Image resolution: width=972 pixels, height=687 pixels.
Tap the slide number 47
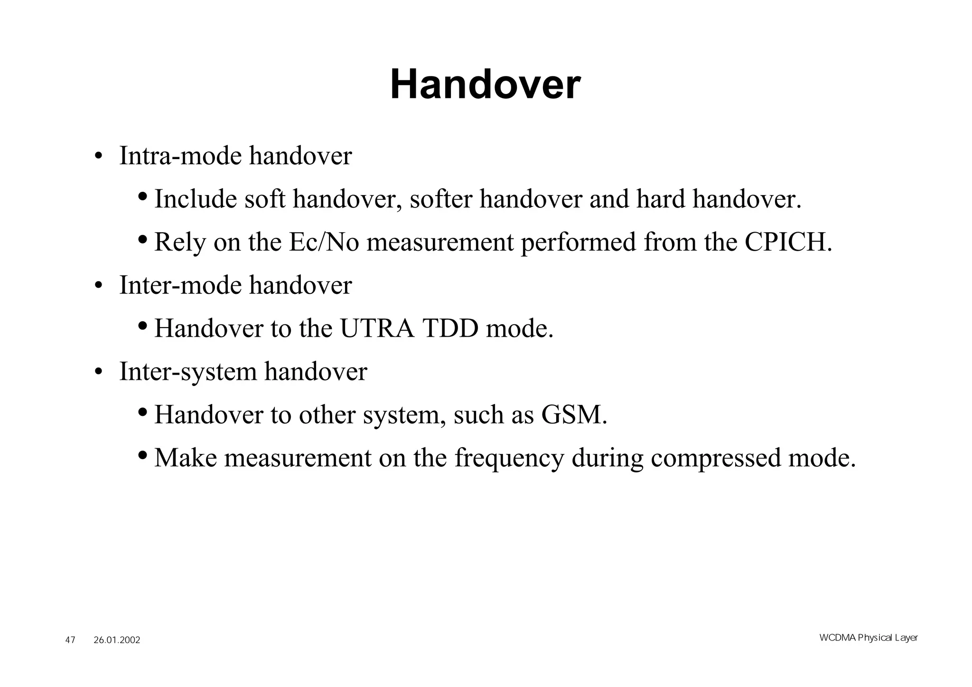coord(70,640)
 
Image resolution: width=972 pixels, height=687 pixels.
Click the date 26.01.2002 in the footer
coord(117,640)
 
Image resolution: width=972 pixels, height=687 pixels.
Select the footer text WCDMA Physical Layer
coord(868,638)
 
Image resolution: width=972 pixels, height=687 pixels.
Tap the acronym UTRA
coord(377,329)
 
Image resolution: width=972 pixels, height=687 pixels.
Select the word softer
coord(440,199)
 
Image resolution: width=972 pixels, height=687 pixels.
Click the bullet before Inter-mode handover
coord(98,286)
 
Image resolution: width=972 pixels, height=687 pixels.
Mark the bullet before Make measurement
coord(142,455)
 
